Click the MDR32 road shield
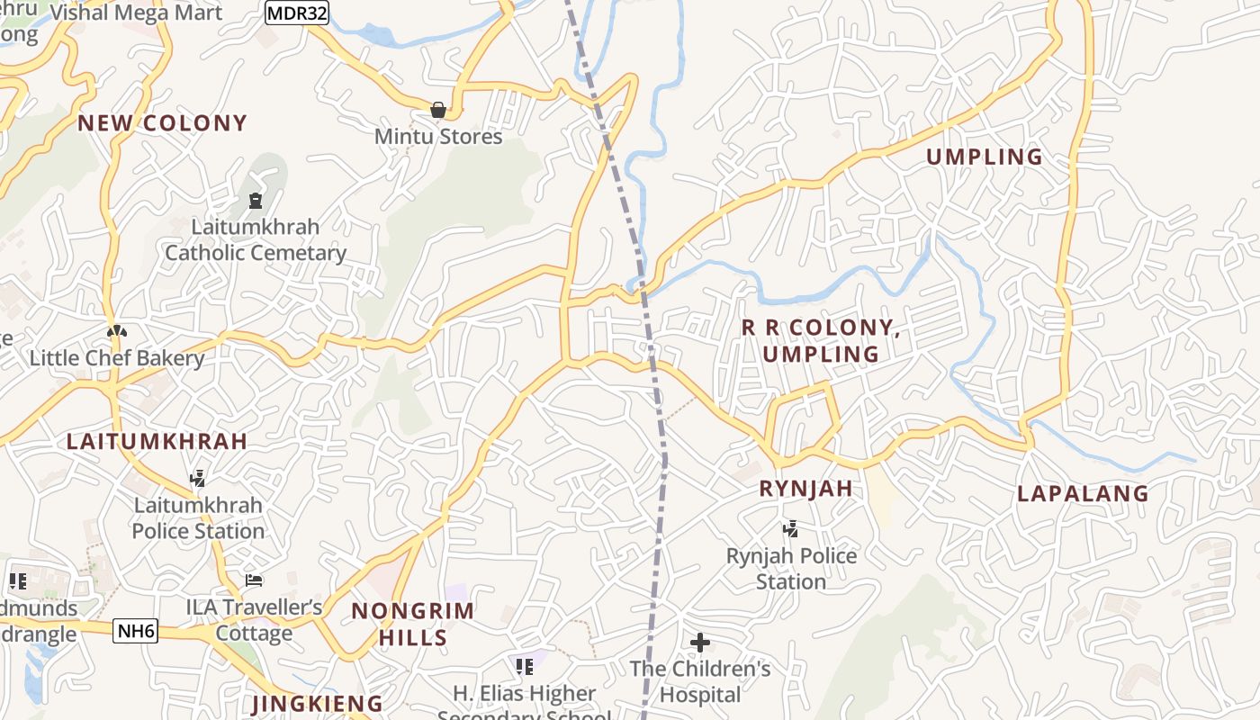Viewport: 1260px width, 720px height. (x=297, y=13)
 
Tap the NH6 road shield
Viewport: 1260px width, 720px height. (x=137, y=631)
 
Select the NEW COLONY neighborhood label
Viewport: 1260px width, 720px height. (x=162, y=123)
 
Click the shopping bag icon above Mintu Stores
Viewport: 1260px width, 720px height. (x=438, y=110)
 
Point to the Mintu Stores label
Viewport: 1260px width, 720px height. (x=438, y=137)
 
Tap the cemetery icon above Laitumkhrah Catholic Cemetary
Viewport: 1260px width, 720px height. (x=256, y=201)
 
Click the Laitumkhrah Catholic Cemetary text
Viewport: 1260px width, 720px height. (x=256, y=239)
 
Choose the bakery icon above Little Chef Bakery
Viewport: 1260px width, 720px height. (x=116, y=332)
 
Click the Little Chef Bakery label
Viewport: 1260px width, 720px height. (x=117, y=358)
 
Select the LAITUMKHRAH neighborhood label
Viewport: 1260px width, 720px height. (x=157, y=441)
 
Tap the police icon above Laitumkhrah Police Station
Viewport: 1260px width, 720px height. (x=198, y=479)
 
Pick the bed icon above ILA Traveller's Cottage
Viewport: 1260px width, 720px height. (x=254, y=580)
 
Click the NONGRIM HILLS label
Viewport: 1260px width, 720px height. (x=413, y=624)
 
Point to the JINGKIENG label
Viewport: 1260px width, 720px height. (x=318, y=703)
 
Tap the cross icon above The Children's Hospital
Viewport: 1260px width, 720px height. (x=700, y=643)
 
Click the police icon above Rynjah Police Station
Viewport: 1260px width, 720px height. (x=791, y=529)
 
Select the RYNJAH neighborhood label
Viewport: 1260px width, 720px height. (x=805, y=489)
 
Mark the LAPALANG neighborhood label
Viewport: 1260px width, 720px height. (x=1084, y=493)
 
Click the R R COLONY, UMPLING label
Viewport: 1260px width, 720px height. (x=821, y=340)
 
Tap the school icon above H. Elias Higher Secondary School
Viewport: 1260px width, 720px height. (x=525, y=667)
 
